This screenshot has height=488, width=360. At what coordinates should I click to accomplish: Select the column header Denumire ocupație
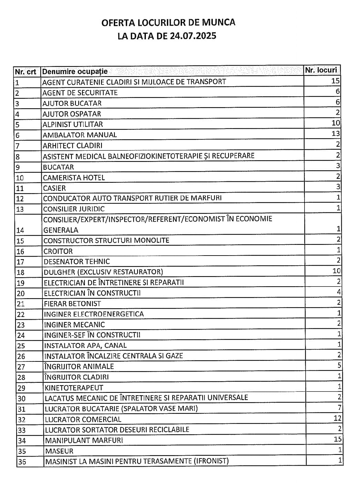pos(74,71)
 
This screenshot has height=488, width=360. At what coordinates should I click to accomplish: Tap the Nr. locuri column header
pos(321,70)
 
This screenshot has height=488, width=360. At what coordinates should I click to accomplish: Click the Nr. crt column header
pos(26,72)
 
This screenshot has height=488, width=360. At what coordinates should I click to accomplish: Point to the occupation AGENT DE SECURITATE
pos(80,93)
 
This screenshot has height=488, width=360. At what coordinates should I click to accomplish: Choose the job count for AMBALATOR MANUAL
pos(336,133)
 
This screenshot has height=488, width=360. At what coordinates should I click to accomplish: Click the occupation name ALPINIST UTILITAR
pos(73,125)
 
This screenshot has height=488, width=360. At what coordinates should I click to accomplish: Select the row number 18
pos(21,272)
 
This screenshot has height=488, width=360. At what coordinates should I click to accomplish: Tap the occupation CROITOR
pos(58,251)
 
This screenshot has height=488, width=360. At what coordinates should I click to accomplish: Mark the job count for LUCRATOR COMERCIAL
pos(337,418)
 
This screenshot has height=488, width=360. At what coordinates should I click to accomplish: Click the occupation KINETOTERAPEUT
pos(74,388)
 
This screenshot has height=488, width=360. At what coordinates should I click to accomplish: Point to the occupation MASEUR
pos(59,451)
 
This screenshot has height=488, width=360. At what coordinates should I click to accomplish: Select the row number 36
pos(22,462)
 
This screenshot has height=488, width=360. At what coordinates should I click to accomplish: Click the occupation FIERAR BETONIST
pos(72,304)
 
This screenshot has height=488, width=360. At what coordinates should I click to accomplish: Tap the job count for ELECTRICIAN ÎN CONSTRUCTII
pos(339,292)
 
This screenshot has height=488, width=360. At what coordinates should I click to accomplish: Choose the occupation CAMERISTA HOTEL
pos(74,178)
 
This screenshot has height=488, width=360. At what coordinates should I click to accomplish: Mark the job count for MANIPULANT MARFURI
pos(338,439)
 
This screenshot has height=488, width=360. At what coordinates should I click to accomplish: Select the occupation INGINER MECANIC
pos(74,325)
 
